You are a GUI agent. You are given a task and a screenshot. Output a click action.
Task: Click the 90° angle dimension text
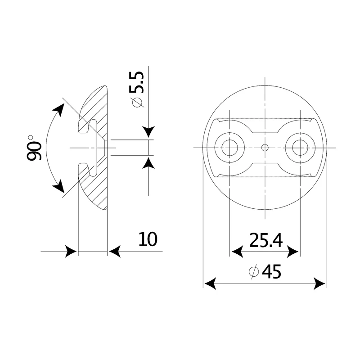point(35,148)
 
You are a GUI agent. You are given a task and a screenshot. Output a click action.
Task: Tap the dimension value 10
point(148,239)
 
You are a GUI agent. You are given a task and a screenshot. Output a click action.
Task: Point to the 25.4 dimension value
point(266,240)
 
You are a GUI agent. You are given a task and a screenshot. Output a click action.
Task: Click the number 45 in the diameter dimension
point(271,272)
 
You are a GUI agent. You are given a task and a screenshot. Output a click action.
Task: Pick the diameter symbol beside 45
point(254,272)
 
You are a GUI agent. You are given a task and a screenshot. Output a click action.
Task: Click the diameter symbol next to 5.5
point(137,103)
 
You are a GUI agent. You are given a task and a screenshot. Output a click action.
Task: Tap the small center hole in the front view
point(265,148)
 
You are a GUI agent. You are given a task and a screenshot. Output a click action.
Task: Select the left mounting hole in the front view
point(229,148)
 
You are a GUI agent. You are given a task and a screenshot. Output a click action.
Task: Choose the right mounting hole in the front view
point(300,148)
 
